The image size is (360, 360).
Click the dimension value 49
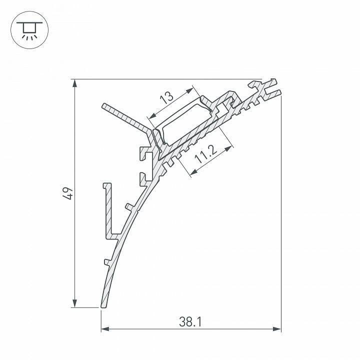tap(68, 193)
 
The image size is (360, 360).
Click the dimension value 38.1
tap(190, 321)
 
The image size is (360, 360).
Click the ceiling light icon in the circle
tap(29, 31)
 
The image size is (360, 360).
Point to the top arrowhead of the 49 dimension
tap(74, 83)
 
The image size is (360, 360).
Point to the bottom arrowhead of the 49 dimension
tap(74, 303)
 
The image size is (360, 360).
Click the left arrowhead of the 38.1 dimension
tap(105, 329)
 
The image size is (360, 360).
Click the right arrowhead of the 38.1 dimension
tap(277, 329)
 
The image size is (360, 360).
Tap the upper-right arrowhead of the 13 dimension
tap(189, 90)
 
